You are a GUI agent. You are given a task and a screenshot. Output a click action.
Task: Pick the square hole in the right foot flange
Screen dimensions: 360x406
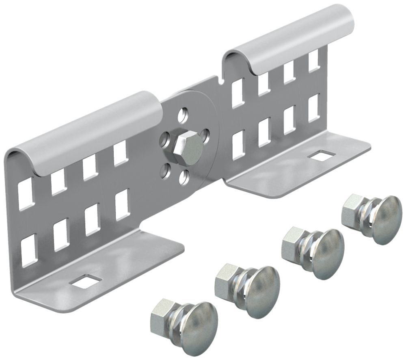tap(322, 155)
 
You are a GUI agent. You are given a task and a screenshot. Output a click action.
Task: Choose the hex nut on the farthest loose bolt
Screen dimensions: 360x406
tap(352, 205)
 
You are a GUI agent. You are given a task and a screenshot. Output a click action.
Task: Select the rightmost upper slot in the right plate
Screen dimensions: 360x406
tap(313, 60)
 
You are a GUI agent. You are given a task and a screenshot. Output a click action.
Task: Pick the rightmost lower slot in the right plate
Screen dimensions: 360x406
tap(313, 107)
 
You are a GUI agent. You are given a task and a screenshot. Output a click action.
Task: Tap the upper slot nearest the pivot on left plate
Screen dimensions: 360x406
tap(121, 154)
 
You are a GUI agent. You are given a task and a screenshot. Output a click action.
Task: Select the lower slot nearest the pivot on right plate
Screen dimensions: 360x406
tap(239, 144)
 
